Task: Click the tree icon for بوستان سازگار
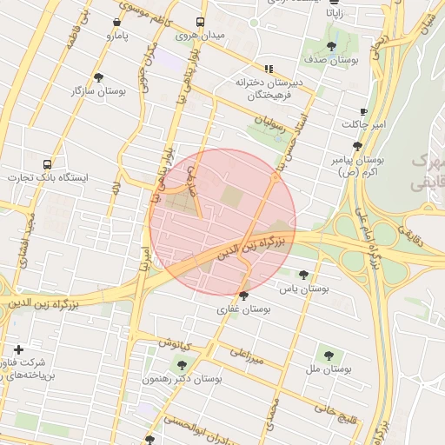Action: pos(97,77)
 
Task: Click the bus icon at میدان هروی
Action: pos(201,22)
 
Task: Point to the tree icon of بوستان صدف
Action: pos(331,46)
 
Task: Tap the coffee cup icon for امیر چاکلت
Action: pos(363,112)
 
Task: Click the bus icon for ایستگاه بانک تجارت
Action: pos(47,163)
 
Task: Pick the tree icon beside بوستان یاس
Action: pos(303,274)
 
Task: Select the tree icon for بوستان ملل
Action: pos(328,355)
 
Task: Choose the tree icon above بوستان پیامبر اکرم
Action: pos(356,147)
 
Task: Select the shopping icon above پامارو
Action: pos(117,23)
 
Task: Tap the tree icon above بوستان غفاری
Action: pos(242,296)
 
